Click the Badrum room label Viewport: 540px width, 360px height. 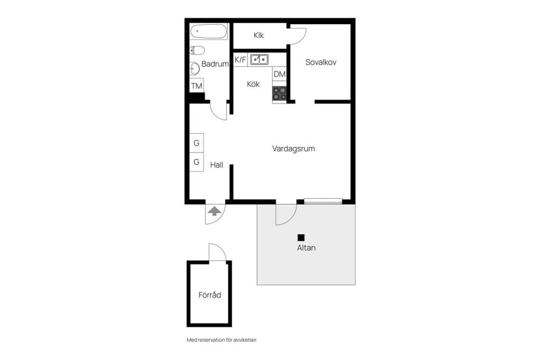click(215, 64)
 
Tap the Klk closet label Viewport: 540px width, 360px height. click(259, 35)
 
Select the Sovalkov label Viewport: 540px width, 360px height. click(321, 62)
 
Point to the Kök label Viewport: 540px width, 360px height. click(253, 84)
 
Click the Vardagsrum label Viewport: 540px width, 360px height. click(293, 149)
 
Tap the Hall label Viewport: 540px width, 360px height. click(217, 165)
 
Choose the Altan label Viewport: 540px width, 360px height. click(306, 247)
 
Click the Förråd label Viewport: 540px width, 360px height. click(209, 295)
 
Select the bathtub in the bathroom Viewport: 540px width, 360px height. click(208, 31)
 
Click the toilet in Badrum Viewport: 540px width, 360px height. click(197, 50)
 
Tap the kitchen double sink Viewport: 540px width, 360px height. click(259, 58)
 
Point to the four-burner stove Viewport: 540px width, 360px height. click(280, 93)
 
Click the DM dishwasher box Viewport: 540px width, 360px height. click(280, 74)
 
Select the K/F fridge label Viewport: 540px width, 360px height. click(240, 59)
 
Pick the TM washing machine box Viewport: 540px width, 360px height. click(196, 86)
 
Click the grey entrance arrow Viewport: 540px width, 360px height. click(214, 211)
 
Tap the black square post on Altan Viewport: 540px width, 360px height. click(301, 237)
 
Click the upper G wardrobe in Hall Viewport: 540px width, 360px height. click(196, 143)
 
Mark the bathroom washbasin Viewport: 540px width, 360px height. click(195, 69)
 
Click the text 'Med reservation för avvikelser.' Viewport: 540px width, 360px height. click(222, 340)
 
